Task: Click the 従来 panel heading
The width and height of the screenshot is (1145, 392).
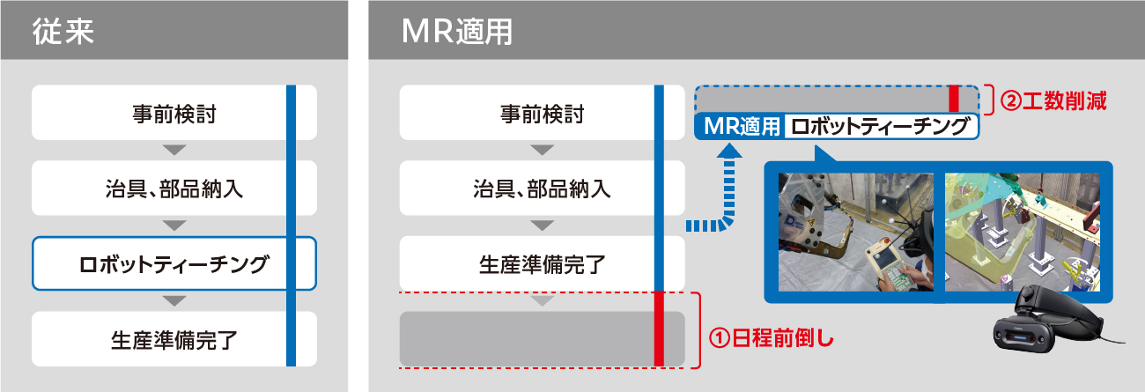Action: (x=63, y=31)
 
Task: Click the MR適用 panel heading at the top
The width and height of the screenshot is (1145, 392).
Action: (x=457, y=31)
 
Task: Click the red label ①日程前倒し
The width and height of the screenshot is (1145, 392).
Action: (x=771, y=338)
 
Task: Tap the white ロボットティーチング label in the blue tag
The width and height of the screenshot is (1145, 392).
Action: (x=880, y=127)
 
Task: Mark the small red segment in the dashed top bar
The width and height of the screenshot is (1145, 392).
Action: (x=953, y=100)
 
